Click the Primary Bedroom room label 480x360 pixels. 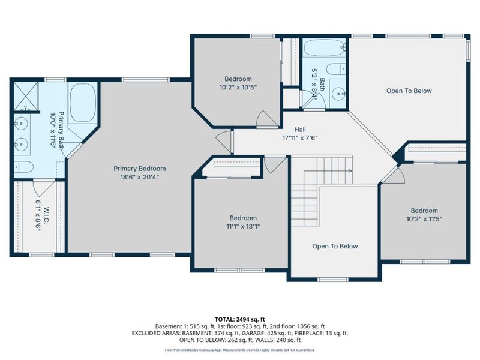tap(139, 169)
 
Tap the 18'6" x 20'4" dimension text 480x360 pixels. tap(139, 177)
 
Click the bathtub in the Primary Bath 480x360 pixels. tap(83, 103)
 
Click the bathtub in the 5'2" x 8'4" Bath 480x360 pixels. tap(323, 47)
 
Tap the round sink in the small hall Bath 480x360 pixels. tap(338, 94)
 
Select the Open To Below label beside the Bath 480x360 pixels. tap(409, 91)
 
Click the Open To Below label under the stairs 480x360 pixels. tap(335, 247)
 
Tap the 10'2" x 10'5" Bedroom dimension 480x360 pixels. tap(238, 87)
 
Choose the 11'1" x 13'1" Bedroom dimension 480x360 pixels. tap(242, 226)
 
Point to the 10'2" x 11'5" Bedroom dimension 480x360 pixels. tap(424, 219)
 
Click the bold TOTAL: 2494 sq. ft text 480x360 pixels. tap(240, 319)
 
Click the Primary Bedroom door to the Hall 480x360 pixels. tap(224, 142)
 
